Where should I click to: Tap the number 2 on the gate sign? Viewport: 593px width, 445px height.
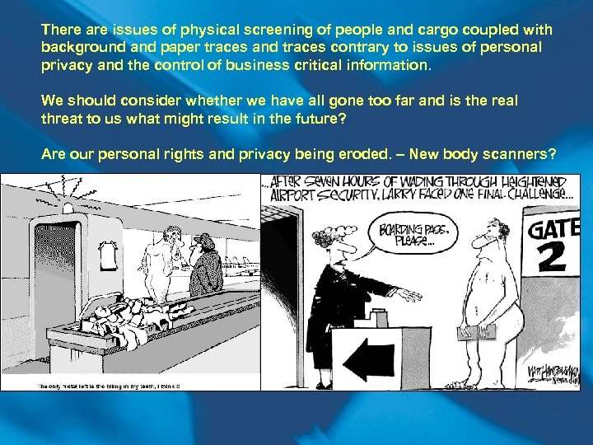tap(553, 258)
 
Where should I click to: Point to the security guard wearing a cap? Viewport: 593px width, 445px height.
tap(203, 264)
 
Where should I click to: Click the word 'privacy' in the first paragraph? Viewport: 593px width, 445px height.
tap(65, 63)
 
